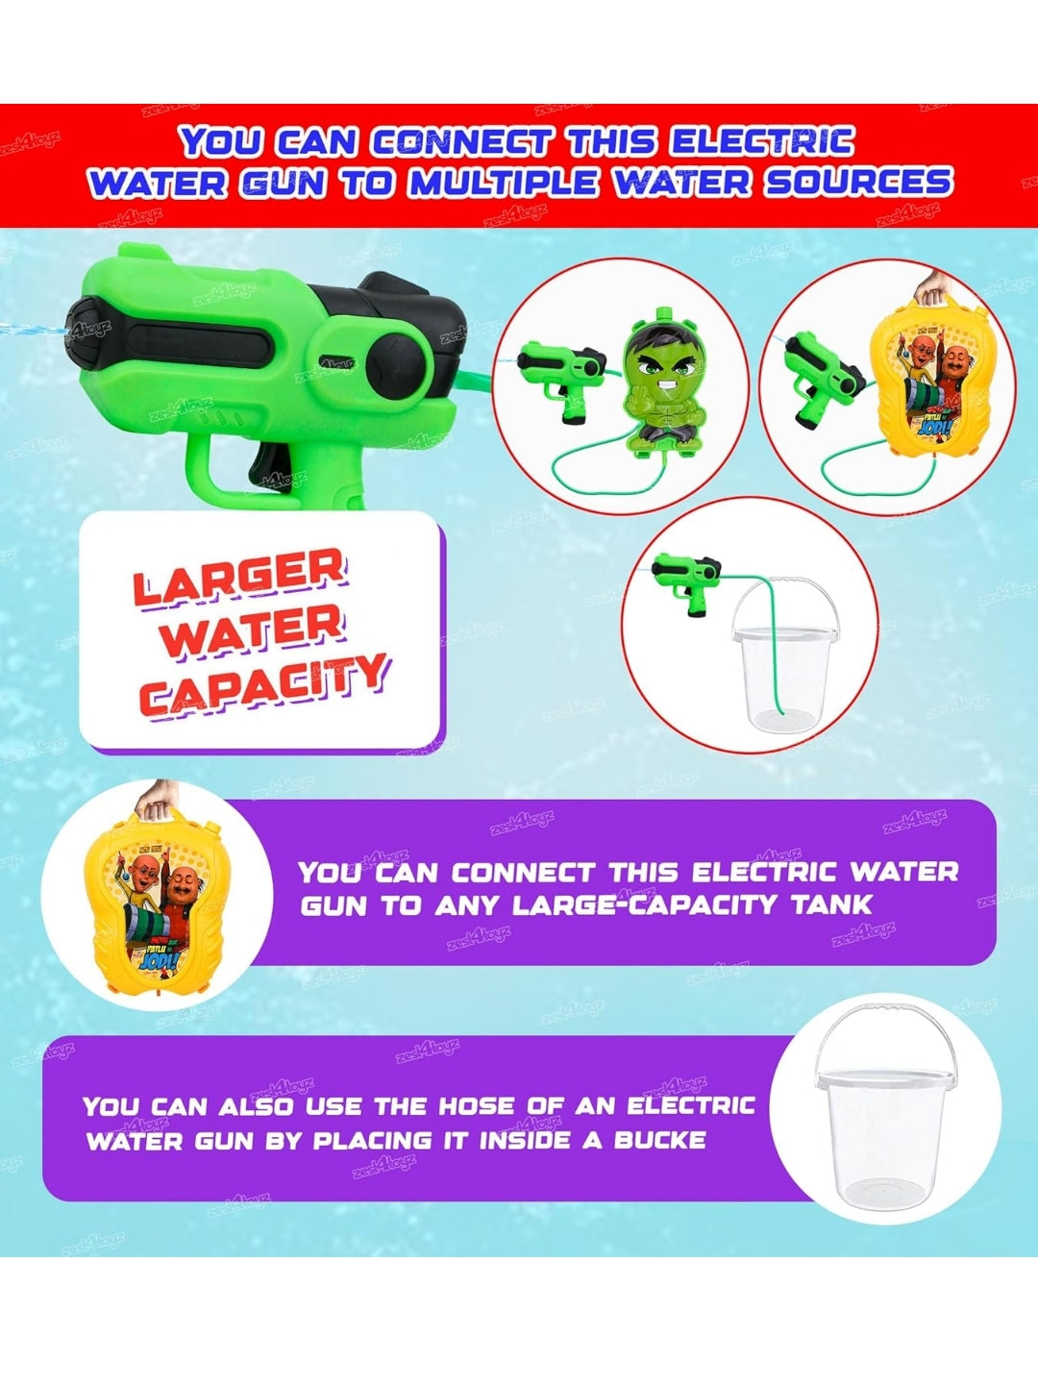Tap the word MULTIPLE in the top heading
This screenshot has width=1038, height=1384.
[x=502, y=183]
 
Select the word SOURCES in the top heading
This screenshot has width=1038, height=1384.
[x=857, y=183]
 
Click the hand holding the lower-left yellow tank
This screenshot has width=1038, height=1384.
[x=154, y=796]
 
